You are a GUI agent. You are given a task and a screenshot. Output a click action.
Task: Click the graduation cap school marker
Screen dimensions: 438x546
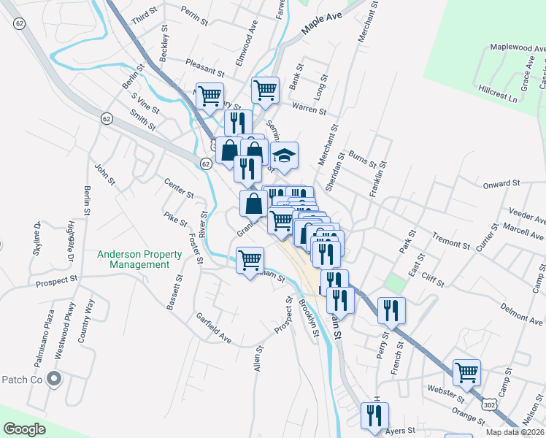tap(285, 155)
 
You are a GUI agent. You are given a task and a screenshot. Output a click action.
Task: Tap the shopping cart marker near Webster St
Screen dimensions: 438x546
tap(467, 372)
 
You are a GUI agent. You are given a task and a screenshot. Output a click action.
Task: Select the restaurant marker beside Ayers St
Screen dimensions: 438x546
tap(374, 415)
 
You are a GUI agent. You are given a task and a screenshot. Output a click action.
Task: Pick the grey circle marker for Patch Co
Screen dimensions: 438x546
tap(53, 379)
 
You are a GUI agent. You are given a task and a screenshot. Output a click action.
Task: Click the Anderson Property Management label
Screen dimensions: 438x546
tap(140, 259)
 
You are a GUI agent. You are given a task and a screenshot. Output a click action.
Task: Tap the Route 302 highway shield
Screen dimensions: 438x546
tap(489, 404)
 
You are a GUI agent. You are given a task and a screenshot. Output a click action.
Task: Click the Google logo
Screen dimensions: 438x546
tap(24, 429)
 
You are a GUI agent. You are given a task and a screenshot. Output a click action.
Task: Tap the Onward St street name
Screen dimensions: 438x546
tap(501, 184)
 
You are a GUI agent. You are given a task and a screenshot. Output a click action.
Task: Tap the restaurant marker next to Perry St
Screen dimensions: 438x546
tap(391, 310)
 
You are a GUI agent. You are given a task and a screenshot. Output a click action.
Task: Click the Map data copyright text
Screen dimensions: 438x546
tap(513, 432)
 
